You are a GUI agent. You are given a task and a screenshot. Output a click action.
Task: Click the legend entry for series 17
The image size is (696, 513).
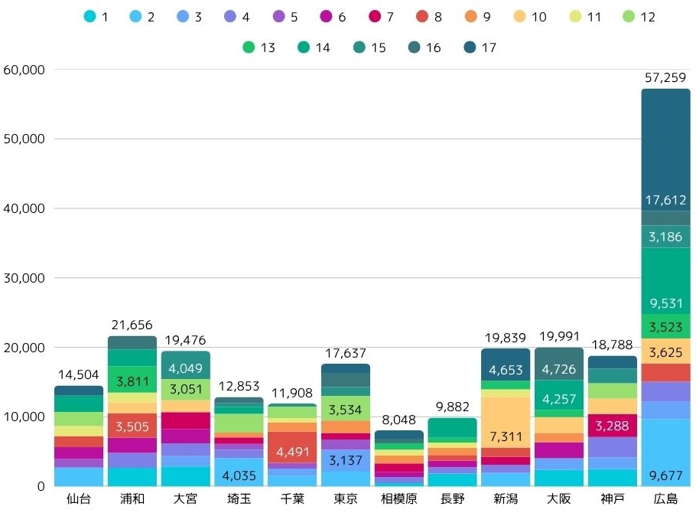480,47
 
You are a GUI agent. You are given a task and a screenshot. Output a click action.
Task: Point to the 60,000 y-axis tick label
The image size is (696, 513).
25,70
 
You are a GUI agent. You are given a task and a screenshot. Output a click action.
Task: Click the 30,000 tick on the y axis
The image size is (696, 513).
25,278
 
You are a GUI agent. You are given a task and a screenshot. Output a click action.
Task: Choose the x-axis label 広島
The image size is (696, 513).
665,499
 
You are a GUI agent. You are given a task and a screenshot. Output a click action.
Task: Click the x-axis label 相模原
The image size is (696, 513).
398,499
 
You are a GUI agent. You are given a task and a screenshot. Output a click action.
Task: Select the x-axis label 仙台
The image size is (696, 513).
79,499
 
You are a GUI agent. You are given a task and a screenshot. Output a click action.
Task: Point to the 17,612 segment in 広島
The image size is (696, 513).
665,201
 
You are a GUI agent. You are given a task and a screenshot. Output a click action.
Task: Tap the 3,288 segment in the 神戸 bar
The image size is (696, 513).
612,426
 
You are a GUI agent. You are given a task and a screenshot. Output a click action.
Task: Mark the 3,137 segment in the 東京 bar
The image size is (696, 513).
345,460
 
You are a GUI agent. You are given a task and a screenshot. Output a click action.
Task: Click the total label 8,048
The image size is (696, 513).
398,420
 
